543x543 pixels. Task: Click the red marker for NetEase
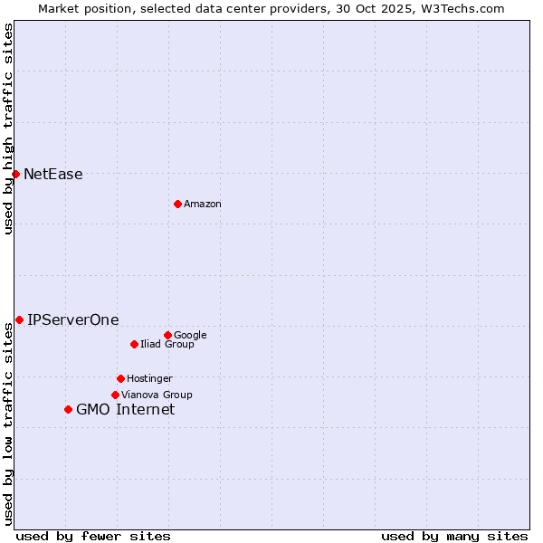pyautogui.click(x=15, y=174)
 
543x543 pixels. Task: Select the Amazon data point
pyautogui.click(x=177, y=204)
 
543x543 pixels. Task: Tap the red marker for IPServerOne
pyautogui.click(x=19, y=319)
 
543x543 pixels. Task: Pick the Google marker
pyautogui.click(x=167, y=335)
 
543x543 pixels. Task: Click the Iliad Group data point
pyautogui.click(x=134, y=344)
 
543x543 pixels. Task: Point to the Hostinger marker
pyautogui.click(x=120, y=378)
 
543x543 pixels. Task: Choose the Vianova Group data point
pyautogui.click(x=115, y=395)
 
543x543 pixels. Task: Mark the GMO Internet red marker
pyautogui.click(x=68, y=409)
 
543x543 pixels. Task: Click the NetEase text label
pyautogui.click(x=52, y=175)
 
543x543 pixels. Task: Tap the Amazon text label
pyautogui.click(x=202, y=205)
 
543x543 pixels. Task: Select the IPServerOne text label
pyautogui.click(x=72, y=320)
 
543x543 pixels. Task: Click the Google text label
pyautogui.click(x=190, y=336)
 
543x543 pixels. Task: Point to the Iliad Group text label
pyautogui.click(x=167, y=345)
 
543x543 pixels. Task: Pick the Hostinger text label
pyautogui.click(x=149, y=379)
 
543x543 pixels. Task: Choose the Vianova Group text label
pyautogui.click(x=157, y=395)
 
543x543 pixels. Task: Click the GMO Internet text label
pyautogui.click(x=125, y=410)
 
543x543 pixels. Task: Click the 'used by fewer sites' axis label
pyautogui.click(x=93, y=536)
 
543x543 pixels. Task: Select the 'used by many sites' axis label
pyautogui.click(x=454, y=536)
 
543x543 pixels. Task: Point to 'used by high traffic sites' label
pyautogui.click(x=8, y=129)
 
